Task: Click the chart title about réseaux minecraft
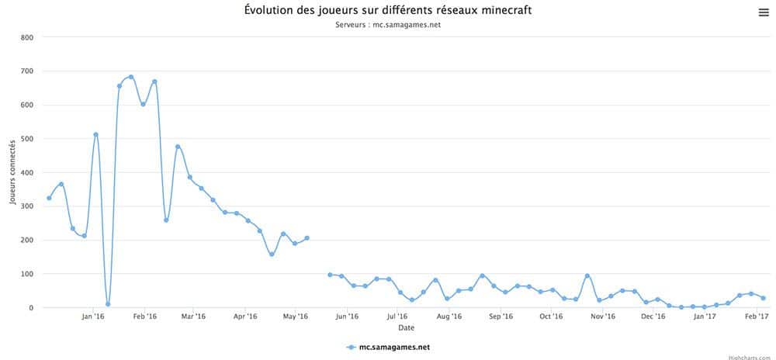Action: pyautogui.click(x=388, y=11)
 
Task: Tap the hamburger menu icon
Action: pyautogui.click(x=763, y=12)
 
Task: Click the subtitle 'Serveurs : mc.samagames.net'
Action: pyautogui.click(x=388, y=25)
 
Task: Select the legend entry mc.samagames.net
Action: pyautogui.click(x=388, y=348)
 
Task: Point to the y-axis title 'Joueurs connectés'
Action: pyautogui.click(x=13, y=172)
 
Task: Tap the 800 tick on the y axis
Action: pyautogui.click(x=27, y=37)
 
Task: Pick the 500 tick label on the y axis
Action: pyautogui.click(x=27, y=139)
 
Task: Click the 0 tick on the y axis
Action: pyautogui.click(x=31, y=308)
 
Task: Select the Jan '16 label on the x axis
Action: pyautogui.click(x=92, y=317)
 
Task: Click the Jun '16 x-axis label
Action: pyautogui.click(x=347, y=317)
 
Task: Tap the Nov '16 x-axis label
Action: pyautogui.click(x=603, y=317)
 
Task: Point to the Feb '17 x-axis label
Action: pyautogui.click(x=757, y=317)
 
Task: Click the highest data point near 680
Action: pyautogui.click(x=131, y=78)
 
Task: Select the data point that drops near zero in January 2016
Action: pyautogui.click(x=108, y=304)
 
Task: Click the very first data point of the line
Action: pyautogui.click(x=49, y=198)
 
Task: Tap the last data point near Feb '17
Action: pyautogui.click(x=763, y=298)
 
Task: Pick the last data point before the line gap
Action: pyautogui.click(x=307, y=238)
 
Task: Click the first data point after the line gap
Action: pyautogui.click(x=330, y=275)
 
